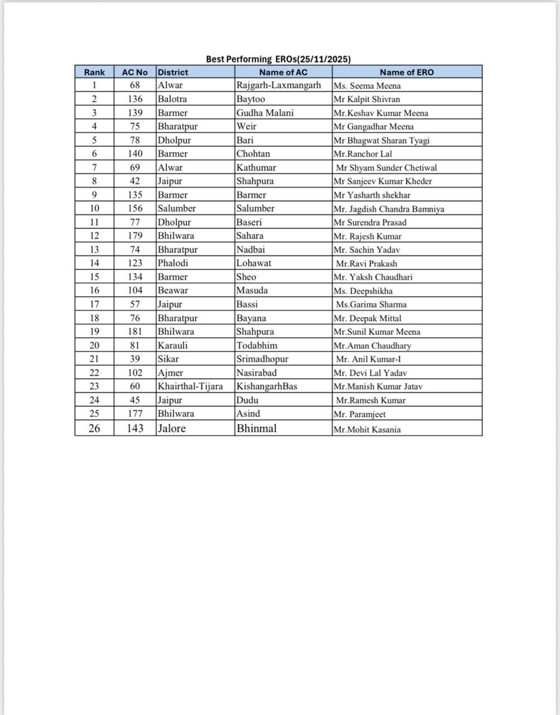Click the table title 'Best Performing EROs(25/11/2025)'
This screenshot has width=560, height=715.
coord(278,59)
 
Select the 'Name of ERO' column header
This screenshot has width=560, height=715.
coord(406,72)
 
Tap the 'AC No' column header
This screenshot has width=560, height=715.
coord(135,72)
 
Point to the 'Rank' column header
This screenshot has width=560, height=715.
coord(94,72)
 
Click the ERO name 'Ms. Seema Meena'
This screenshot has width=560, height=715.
coord(367,85)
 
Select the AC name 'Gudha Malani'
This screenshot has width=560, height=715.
coord(265,112)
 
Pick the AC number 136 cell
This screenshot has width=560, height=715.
coord(135,99)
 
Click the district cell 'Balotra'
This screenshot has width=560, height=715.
coord(172,99)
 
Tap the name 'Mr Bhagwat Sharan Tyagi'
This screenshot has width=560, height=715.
coord(381,140)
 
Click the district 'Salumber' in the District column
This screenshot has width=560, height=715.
coord(176,208)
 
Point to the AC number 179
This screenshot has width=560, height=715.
coord(135,236)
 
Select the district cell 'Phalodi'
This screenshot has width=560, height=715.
coord(173,263)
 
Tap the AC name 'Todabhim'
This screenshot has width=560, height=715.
coord(257,345)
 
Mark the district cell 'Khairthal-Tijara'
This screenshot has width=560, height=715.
coord(190,386)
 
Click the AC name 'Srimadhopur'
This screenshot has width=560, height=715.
coord(262,359)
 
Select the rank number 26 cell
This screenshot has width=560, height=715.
coord(94,428)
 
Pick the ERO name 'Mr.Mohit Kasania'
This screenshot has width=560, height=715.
coord(367,430)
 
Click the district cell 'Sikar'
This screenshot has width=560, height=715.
coord(168,359)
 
